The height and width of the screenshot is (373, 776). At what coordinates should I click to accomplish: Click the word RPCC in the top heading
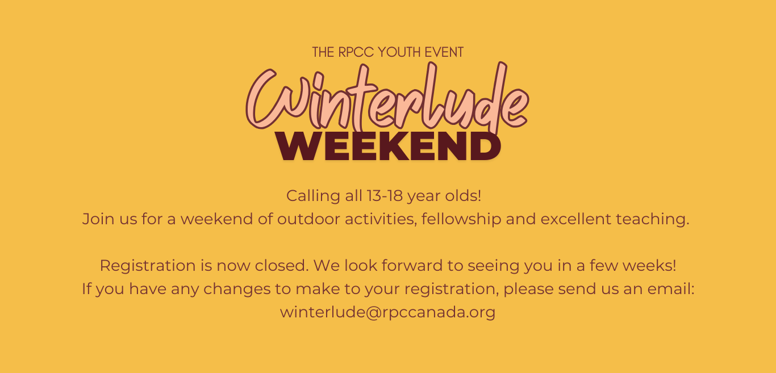click(356, 52)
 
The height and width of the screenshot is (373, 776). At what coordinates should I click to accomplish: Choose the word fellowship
click(461, 220)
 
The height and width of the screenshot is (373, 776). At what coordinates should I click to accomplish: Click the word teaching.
click(652, 220)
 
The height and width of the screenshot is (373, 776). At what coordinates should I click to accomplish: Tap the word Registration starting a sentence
click(148, 266)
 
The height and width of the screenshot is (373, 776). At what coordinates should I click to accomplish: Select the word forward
click(412, 266)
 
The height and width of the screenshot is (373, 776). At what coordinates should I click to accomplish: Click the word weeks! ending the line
click(649, 266)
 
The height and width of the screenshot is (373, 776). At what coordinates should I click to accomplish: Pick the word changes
click(237, 290)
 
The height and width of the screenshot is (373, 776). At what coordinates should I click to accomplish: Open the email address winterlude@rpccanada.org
click(387, 313)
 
